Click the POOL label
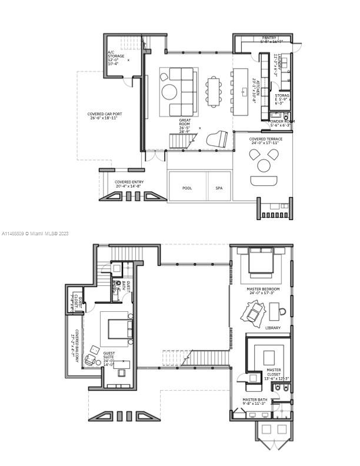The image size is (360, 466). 187,188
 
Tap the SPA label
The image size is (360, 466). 219,188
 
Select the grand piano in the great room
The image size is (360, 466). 216,140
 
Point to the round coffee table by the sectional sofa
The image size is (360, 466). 169,92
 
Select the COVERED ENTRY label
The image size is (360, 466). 129,184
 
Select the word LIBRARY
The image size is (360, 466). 273,328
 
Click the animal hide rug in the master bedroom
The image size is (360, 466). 255,313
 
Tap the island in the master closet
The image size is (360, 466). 269,357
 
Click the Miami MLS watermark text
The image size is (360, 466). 35,234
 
